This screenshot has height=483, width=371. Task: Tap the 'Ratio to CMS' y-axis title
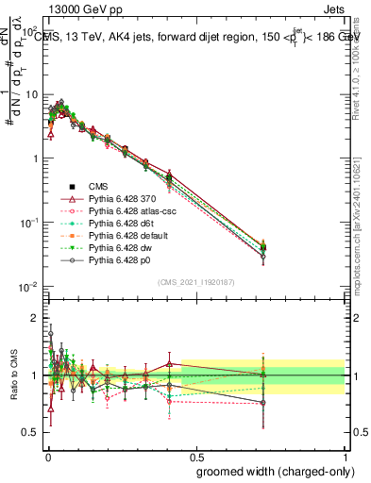tap(13, 375)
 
